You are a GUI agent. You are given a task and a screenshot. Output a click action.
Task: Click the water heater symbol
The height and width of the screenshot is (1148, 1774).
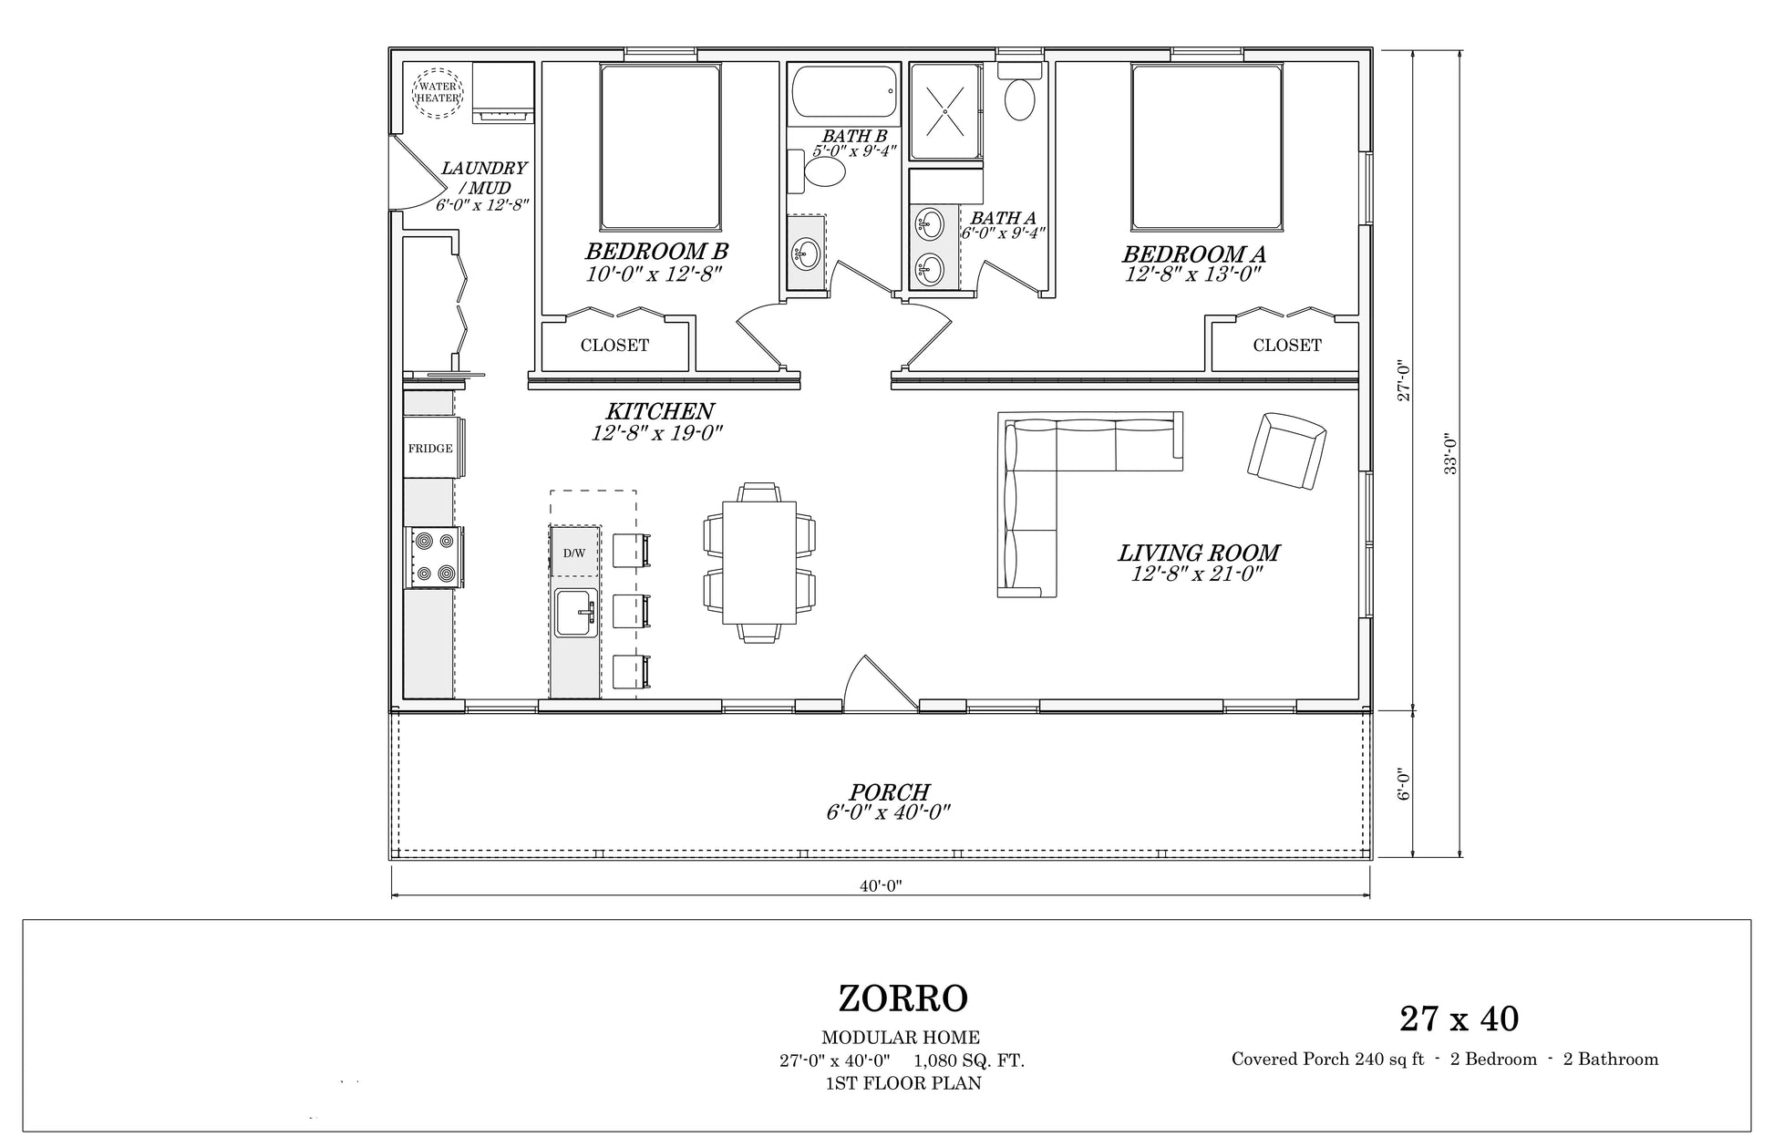point(438,91)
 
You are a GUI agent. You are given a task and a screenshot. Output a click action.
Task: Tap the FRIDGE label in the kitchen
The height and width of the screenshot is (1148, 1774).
point(430,449)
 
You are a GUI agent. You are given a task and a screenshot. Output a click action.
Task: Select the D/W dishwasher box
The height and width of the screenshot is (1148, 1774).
point(574,552)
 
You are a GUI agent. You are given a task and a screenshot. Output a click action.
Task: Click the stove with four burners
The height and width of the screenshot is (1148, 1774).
point(434,556)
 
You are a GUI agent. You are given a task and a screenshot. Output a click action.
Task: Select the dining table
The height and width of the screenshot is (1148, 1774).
point(759,563)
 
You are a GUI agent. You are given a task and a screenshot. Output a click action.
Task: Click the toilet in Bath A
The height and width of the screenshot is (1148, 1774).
point(1019,91)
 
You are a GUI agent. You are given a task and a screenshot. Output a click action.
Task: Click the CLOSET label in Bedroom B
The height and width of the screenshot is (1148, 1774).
point(615,346)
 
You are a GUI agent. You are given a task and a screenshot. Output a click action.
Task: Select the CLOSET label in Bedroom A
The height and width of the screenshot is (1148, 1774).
point(1286,346)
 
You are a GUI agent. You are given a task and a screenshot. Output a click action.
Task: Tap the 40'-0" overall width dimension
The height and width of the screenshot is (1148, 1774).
point(880,885)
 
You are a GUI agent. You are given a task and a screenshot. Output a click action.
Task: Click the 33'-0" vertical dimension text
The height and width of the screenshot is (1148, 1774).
point(1451,453)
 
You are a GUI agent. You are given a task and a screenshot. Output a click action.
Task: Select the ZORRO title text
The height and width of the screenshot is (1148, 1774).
point(902,999)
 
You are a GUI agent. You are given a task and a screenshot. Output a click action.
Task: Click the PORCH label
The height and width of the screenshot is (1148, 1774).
point(889,792)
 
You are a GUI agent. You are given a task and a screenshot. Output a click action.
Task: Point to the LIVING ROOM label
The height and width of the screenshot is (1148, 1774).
point(1199,553)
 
